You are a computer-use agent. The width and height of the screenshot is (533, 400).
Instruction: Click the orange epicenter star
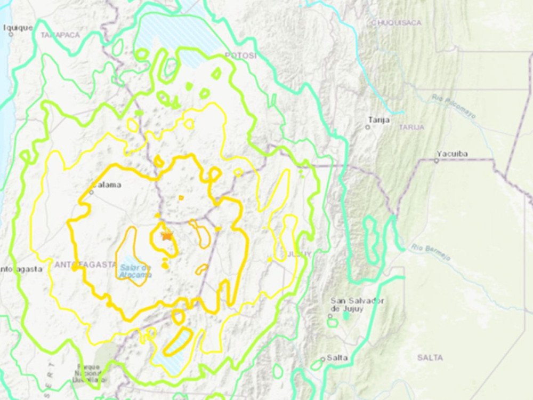coord(168,235)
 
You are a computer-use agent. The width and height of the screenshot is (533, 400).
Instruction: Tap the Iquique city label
coord(20,27)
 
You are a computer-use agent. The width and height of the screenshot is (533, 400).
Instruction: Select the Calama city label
coord(107,185)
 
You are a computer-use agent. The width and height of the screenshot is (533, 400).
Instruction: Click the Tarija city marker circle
coord(368,127)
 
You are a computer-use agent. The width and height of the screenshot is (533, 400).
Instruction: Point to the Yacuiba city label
coord(452,154)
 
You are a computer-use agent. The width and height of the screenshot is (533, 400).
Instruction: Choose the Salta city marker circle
coord(322,359)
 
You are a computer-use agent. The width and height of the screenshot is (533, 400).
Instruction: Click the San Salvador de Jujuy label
coord(357,305)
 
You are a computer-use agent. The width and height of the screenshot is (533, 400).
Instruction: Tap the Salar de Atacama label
coord(135,271)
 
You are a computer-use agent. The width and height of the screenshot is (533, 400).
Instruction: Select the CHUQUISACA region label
coord(396,22)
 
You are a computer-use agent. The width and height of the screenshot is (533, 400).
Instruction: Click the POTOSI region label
coord(240,55)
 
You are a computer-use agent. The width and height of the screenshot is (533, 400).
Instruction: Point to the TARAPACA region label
coord(60,35)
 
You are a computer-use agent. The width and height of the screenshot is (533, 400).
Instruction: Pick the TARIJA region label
coord(411,127)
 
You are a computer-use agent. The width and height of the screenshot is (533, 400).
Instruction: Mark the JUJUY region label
coord(299,254)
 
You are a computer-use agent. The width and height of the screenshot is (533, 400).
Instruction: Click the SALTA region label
coord(430,357)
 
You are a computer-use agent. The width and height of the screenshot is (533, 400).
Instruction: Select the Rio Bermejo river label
coord(431,252)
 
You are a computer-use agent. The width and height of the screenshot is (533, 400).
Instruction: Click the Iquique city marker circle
coord(11,34)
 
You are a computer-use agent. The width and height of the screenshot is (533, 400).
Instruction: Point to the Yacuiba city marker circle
coord(436,161)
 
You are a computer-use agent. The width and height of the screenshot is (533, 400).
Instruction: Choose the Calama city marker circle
coord(92,192)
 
